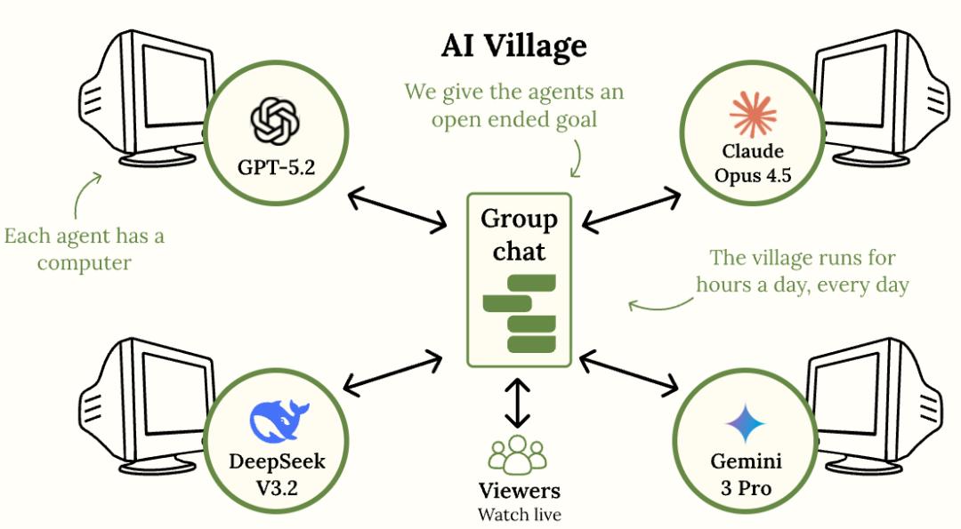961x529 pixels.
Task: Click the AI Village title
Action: (x=514, y=46)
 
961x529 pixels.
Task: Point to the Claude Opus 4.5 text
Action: (x=753, y=164)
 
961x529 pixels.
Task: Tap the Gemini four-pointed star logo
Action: (x=746, y=423)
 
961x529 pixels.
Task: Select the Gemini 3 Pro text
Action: (x=746, y=476)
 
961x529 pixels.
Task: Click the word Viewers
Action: (x=520, y=491)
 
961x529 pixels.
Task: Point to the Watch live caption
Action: (x=520, y=514)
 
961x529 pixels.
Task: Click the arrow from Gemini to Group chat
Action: (x=628, y=371)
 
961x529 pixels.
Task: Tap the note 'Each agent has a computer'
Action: (x=84, y=250)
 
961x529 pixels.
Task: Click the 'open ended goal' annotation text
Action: (x=514, y=105)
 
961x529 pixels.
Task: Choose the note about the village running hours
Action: (x=802, y=271)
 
